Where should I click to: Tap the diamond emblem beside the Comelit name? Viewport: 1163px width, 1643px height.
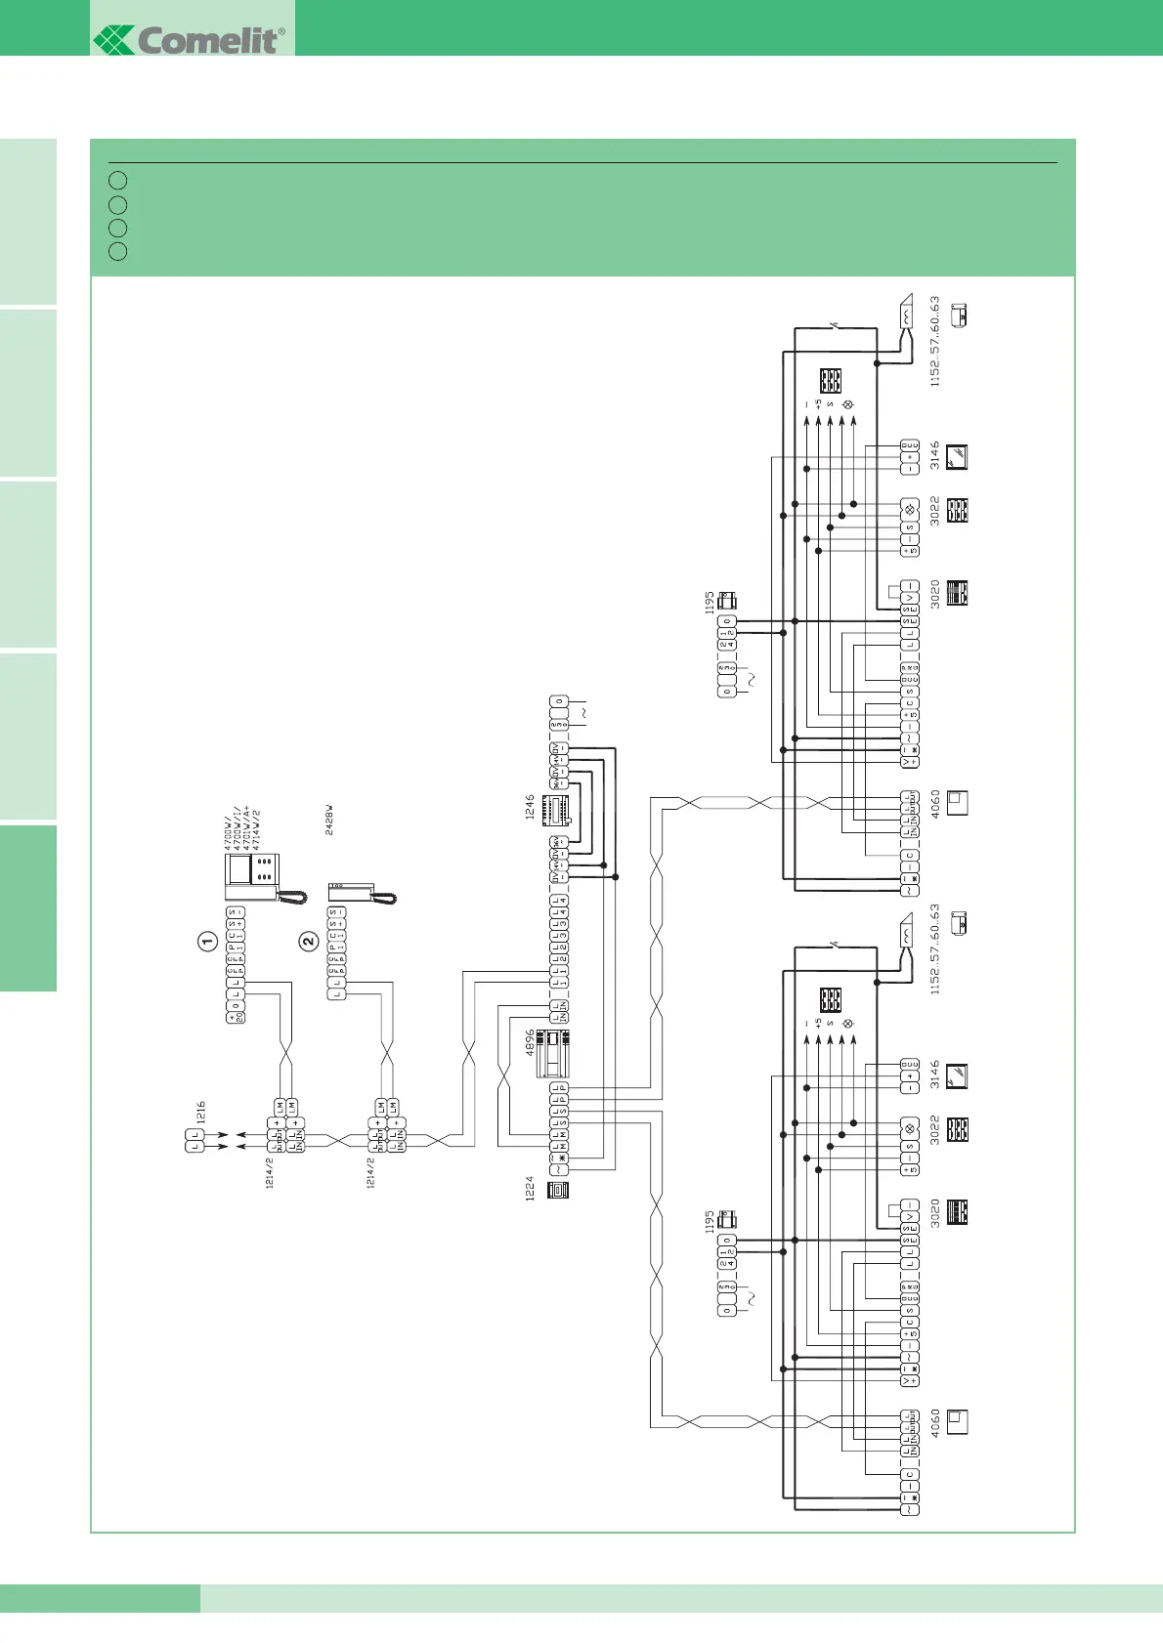[x=113, y=40]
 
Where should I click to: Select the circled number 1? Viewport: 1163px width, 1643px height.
[x=207, y=942]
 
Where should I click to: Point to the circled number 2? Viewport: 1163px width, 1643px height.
[x=309, y=942]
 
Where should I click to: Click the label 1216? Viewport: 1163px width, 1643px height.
[x=201, y=1112]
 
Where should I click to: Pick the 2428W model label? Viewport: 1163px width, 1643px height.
[x=329, y=820]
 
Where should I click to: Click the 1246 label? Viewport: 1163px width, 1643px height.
[x=531, y=807]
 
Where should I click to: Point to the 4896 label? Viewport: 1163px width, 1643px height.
[x=531, y=1042]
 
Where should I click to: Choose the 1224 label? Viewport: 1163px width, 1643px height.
[x=531, y=1189]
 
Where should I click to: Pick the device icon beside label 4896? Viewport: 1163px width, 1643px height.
[x=553, y=1053]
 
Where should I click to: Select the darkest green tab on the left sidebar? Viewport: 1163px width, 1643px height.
[x=28, y=907]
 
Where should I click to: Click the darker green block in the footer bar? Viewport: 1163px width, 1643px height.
[x=100, y=1598]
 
